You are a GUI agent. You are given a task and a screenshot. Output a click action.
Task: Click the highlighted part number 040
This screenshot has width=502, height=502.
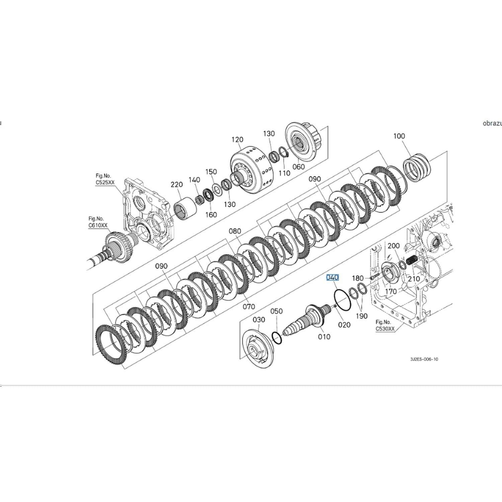click(332, 277)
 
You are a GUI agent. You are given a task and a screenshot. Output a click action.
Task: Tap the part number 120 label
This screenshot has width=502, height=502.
click(237, 140)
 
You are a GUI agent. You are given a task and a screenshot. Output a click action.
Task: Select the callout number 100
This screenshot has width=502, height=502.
click(399, 136)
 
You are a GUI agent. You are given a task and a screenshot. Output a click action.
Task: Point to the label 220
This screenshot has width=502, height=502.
click(177, 184)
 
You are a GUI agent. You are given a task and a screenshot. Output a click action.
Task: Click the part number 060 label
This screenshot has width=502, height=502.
click(299, 167)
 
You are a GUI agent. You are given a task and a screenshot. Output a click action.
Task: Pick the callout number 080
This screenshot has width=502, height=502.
click(235, 231)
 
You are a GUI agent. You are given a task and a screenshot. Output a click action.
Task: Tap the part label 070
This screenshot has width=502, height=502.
click(249, 306)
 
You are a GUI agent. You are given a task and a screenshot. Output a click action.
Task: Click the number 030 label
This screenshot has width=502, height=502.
click(259, 320)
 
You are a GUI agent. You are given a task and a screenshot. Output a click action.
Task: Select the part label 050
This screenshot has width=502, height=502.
click(276, 311)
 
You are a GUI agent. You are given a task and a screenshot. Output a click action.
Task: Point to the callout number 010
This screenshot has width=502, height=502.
click(324, 337)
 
